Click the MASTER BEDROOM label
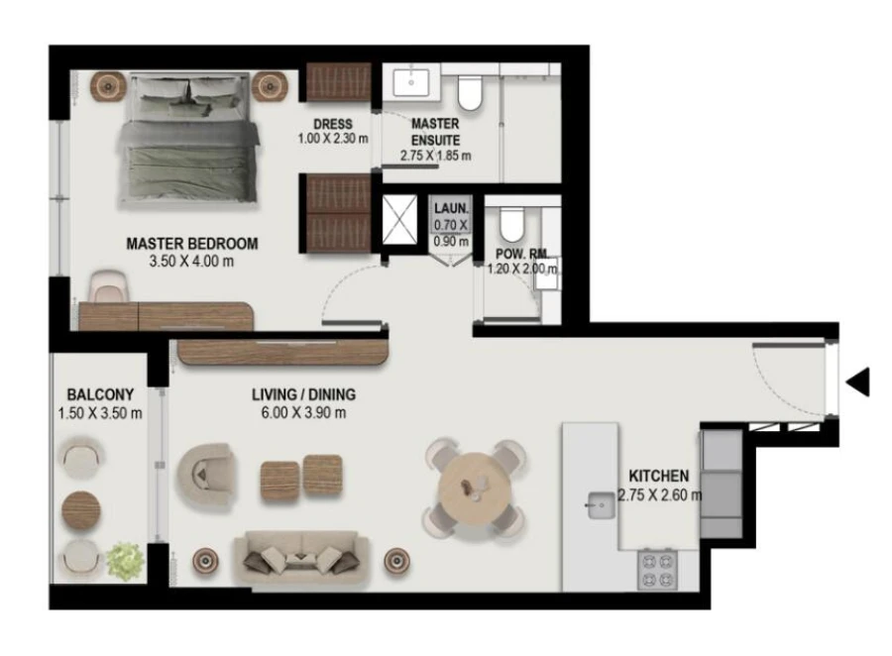click(x=192, y=243)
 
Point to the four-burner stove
click(x=658, y=569)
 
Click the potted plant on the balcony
click(x=126, y=561)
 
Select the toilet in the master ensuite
click(x=470, y=92)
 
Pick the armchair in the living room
click(x=205, y=476)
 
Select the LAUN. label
click(x=450, y=209)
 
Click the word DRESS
click(x=332, y=124)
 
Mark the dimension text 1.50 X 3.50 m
click(x=100, y=413)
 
